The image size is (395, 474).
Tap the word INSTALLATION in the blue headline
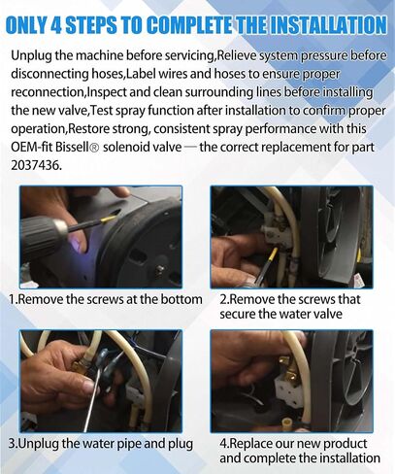[x=327, y=25]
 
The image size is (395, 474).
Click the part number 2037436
[x=35, y=165]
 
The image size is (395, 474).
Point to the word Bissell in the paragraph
[x=72, y=147]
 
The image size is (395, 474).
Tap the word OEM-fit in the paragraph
[x=31, y=147]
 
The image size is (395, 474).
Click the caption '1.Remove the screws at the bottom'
[x=106, y=299]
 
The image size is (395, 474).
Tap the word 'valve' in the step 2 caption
[x=326, y=314]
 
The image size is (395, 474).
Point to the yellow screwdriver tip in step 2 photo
[x=273, y=254]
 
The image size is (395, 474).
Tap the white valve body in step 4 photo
[x=289, y=389]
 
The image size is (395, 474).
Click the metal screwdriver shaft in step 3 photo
[x=92, y=400]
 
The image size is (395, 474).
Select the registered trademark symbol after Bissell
[x=95, y=148]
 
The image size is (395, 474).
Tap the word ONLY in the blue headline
[x=26, y=25]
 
